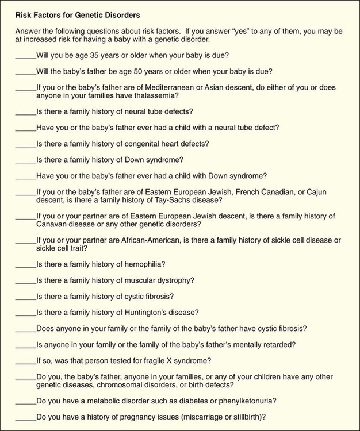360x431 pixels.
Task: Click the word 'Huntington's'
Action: tap(148, 312)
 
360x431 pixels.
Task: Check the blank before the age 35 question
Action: tap(25, 56)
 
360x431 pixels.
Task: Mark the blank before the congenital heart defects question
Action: tap(25, 144)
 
